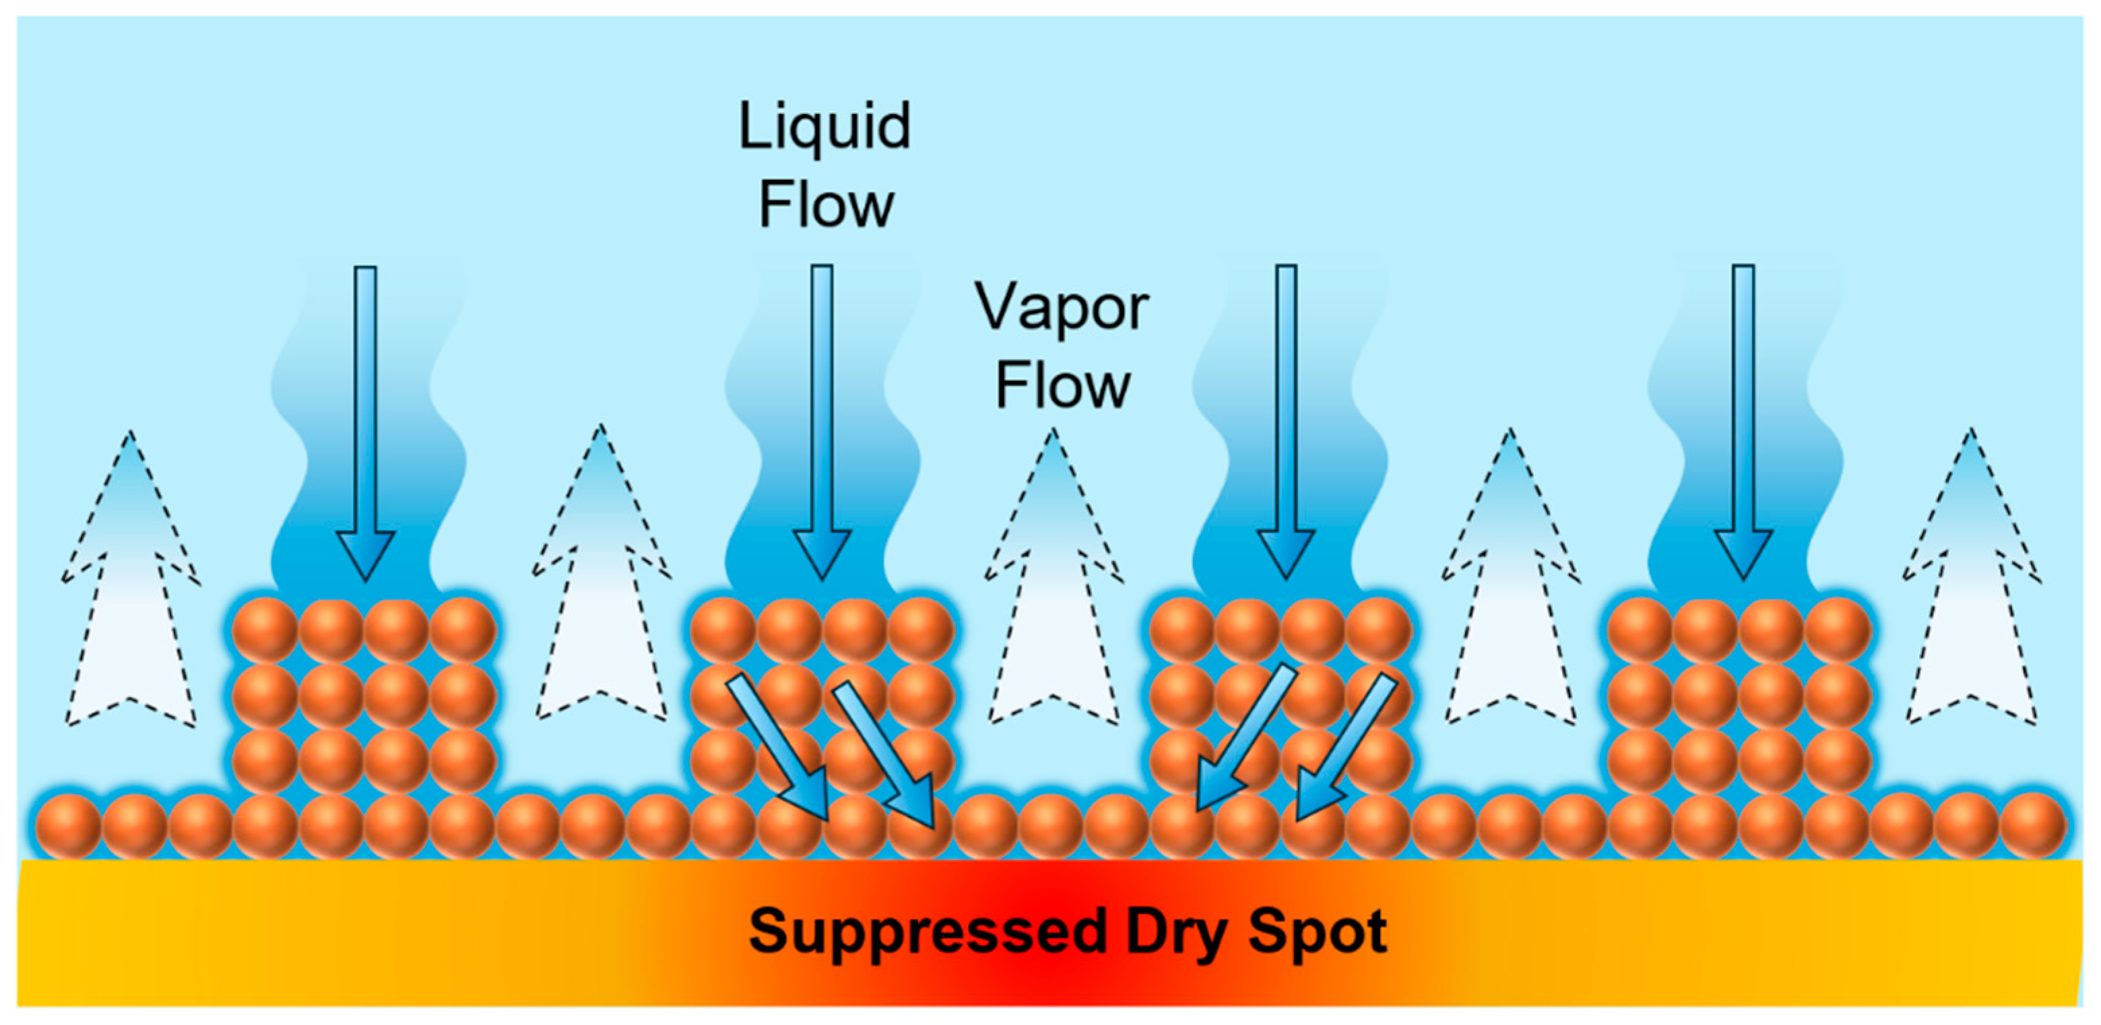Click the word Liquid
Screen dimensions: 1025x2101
click(x=825, y=128)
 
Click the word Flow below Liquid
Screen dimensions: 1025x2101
click(x=827, y=205)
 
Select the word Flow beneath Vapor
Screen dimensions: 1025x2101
click(x=1062, y=385)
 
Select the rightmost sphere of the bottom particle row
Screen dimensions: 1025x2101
click(x=2034, y=825)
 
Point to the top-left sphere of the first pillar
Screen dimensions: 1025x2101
click(x=264, y=630)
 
